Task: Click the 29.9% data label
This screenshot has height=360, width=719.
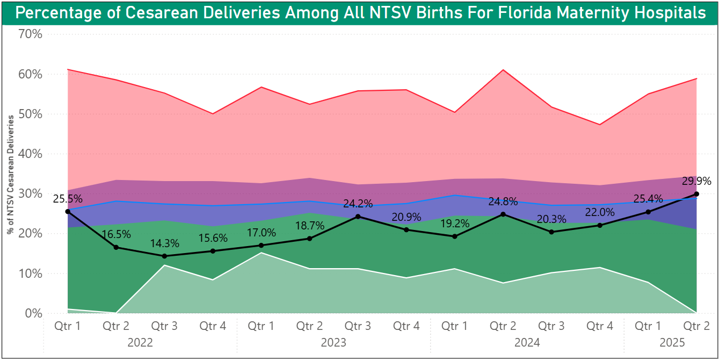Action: pyautogui.click(x=696, y=181)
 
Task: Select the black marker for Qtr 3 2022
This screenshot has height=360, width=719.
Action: pyautogui.click(x=165, y=256)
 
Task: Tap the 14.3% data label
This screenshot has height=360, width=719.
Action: pyautogui.click(x=165, y=243)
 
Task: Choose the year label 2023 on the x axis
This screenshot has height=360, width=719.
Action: pyautogui.click(x=333, y=343)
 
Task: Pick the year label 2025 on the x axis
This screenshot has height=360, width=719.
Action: pyautogui.click(x=672, y=343)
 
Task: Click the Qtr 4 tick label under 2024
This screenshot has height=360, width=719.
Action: pyautogui.click(x=600, y=326)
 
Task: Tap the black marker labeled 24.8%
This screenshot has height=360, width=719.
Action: pyautogui.click(x=503, y=214)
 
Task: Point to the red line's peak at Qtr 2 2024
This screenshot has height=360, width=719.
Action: pyautogui.click(x=503, y=70)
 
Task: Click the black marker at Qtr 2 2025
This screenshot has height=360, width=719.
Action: pyautogui.click(x=696, y=194)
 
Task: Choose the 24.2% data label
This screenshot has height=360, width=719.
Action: pyautogui.click(x=358, y=204)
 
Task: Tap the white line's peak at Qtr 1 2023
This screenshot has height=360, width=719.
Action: pyautogui.click(x=262, y=253)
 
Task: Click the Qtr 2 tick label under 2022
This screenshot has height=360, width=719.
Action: pyautogui.click(x=117, y=326)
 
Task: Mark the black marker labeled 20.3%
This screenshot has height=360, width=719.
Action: pyautogui.click(x=551, y=232)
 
